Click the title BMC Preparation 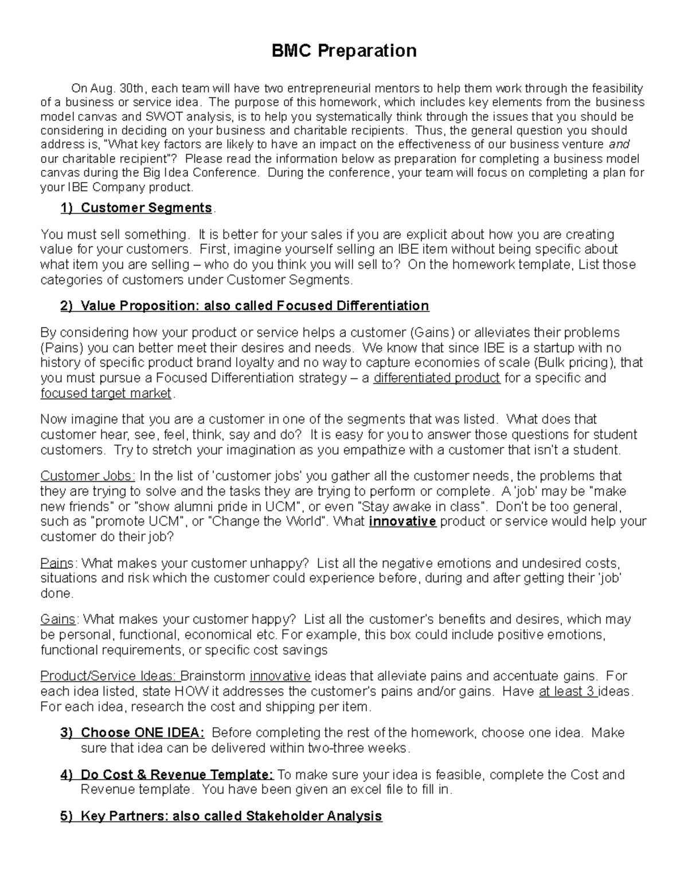(x=344, y=51)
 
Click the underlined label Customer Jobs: (x=88, y=476)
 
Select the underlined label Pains (x=57, y=563)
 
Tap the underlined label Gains (x=58, y=619)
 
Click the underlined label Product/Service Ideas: (x=109, y=676)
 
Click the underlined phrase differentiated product (x=437, y=378)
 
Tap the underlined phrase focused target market (x=106, y=394)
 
